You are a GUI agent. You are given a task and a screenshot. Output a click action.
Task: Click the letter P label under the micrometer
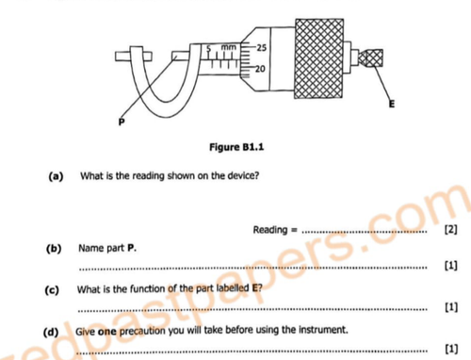[x=122, y=122]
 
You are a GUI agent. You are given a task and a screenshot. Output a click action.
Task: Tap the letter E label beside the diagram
[x=391, y=104]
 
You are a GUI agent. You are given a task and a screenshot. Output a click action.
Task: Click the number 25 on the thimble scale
[x=262, y=48]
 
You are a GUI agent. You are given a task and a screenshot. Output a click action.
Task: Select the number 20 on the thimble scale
[x=260, y=69]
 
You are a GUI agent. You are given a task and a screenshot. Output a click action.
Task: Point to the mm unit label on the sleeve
[x=228, y=47]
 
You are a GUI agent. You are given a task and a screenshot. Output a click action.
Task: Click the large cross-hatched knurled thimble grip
[x=319, y=58]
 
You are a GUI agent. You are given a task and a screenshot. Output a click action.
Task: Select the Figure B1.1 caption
[x=236, y=147]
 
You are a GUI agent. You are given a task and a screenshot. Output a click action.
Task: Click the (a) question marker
[x=56, y=176]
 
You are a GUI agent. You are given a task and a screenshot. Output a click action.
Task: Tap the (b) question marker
[x=54, y=248]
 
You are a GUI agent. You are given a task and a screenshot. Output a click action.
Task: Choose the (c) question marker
[x=52, y=289]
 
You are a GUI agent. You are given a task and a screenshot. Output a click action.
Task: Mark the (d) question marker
[x=51, y=332]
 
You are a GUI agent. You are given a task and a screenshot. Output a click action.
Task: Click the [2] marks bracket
[x=450, y=229]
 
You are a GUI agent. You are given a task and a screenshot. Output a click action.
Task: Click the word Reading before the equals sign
[x=270, y=230]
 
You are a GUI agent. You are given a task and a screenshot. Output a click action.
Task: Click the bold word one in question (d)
[x=107, y=332]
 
